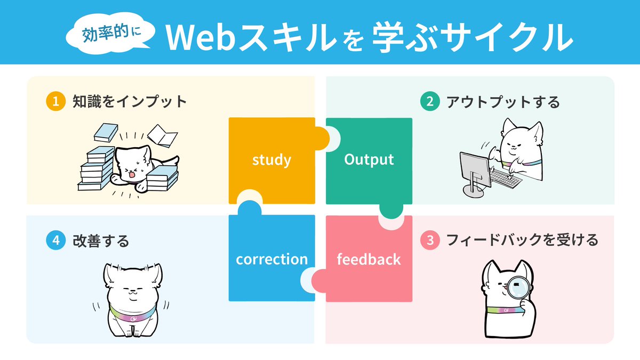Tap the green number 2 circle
pos(429,101)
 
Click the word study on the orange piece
pos(271,159)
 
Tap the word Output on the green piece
pos(369,159)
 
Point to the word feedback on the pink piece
pos(369,259)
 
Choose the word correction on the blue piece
pos(271,259)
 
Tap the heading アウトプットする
pos(503,101)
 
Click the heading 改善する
pos(101,241)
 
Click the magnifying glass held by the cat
pos(516,290)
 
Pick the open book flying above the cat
pos(163,136)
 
